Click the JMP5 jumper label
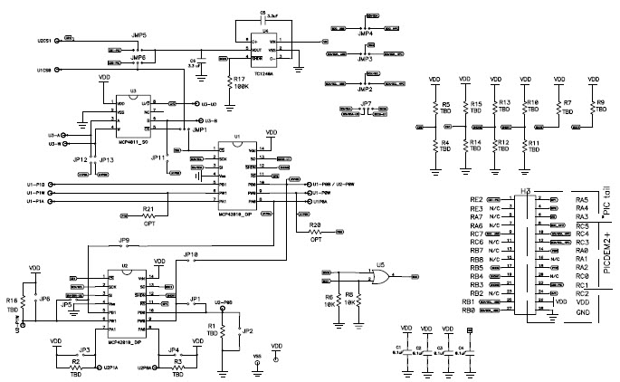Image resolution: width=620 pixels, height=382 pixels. [138, 35]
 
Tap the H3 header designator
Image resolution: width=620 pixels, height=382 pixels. [525, 192]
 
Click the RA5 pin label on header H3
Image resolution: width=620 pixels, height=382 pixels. [582, 199]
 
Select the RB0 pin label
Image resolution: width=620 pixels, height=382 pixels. [468, 310]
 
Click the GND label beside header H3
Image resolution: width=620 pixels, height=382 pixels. [582, 312]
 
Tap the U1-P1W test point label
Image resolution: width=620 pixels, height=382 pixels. [37, 195]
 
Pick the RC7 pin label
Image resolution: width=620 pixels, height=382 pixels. [475, 234]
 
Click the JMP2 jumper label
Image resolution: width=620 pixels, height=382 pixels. [366, 90]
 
